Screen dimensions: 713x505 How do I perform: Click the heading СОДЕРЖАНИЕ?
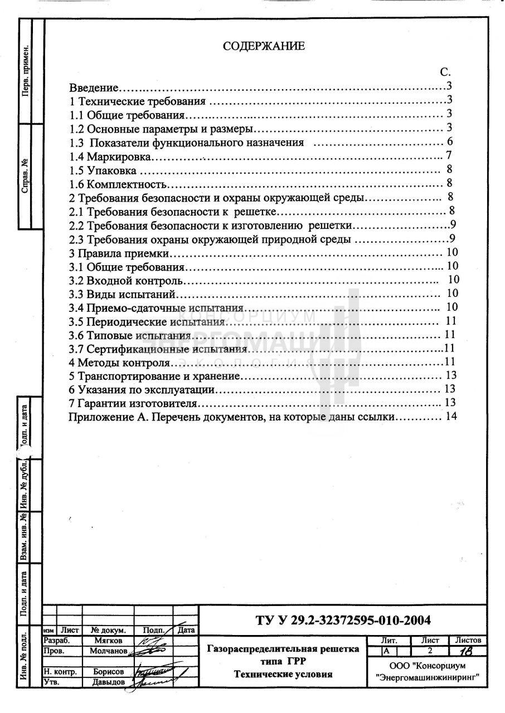tap(264, 46)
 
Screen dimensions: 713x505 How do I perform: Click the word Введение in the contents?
tap(94, 87)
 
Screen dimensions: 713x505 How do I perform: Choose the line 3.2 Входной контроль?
tap(127, 280)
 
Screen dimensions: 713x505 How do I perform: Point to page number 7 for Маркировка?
tap(448, 155)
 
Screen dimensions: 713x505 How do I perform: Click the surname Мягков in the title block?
tap(108, 641)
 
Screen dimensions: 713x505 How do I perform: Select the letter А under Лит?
tap(386, 651)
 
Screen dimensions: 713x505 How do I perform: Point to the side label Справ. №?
tap(25, 176)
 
